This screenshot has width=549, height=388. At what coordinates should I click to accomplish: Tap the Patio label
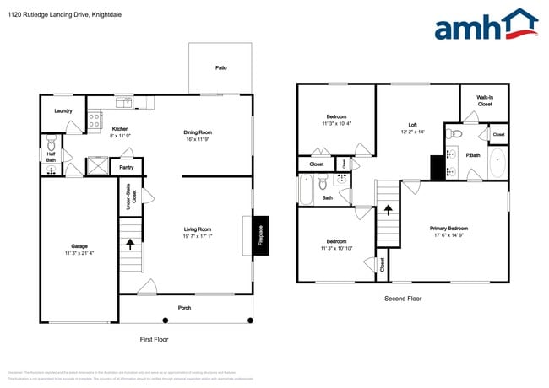(x=220, y=67)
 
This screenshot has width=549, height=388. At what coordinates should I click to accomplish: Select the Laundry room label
(x=63, y=110)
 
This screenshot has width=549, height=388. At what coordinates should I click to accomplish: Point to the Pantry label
(x=127, y=168)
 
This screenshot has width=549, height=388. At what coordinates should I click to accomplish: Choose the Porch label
(x=184, y=307)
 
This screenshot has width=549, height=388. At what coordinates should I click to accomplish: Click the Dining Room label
(x=198, y=132)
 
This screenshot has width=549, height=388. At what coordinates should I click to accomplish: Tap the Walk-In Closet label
(x=485, y=101)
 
